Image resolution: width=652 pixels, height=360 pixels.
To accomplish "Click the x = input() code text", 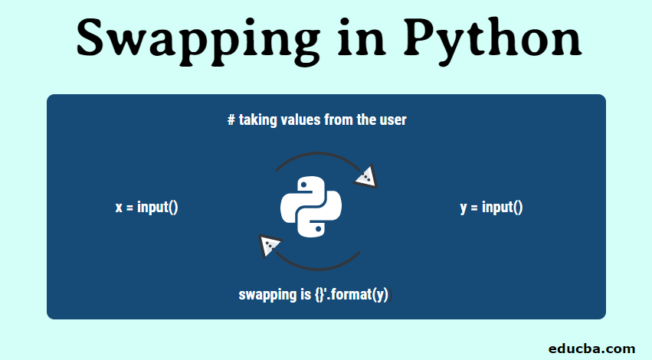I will click(147, 207).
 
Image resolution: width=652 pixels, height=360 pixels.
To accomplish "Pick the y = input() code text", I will click(492, 207).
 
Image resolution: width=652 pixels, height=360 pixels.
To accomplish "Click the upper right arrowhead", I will click(366, 177).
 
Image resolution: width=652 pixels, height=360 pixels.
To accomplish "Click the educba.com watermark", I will click(591, 349).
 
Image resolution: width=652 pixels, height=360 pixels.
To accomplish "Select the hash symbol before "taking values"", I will click(231, 120).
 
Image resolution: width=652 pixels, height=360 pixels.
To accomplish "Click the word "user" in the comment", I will click(393, 120).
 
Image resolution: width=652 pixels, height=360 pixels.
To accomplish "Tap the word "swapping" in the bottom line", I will click(267, 293).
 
